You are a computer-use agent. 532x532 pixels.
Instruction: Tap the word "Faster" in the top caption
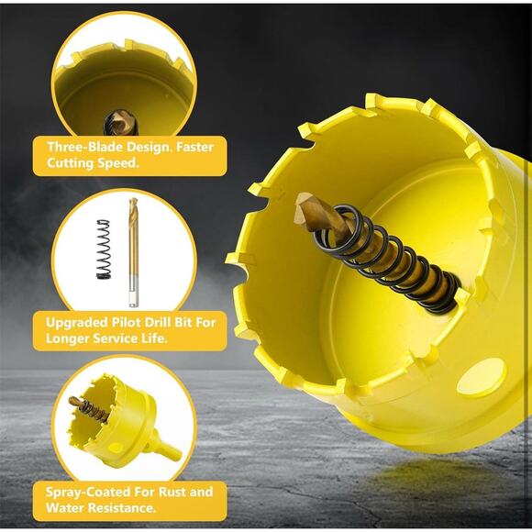194,147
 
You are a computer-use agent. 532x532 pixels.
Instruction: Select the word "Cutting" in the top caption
71,163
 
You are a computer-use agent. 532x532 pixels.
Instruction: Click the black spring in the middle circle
104,249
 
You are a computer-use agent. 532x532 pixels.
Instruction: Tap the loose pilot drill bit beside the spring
133,252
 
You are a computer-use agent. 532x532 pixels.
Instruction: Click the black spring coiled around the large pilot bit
387,259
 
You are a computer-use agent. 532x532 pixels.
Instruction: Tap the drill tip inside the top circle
121,123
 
